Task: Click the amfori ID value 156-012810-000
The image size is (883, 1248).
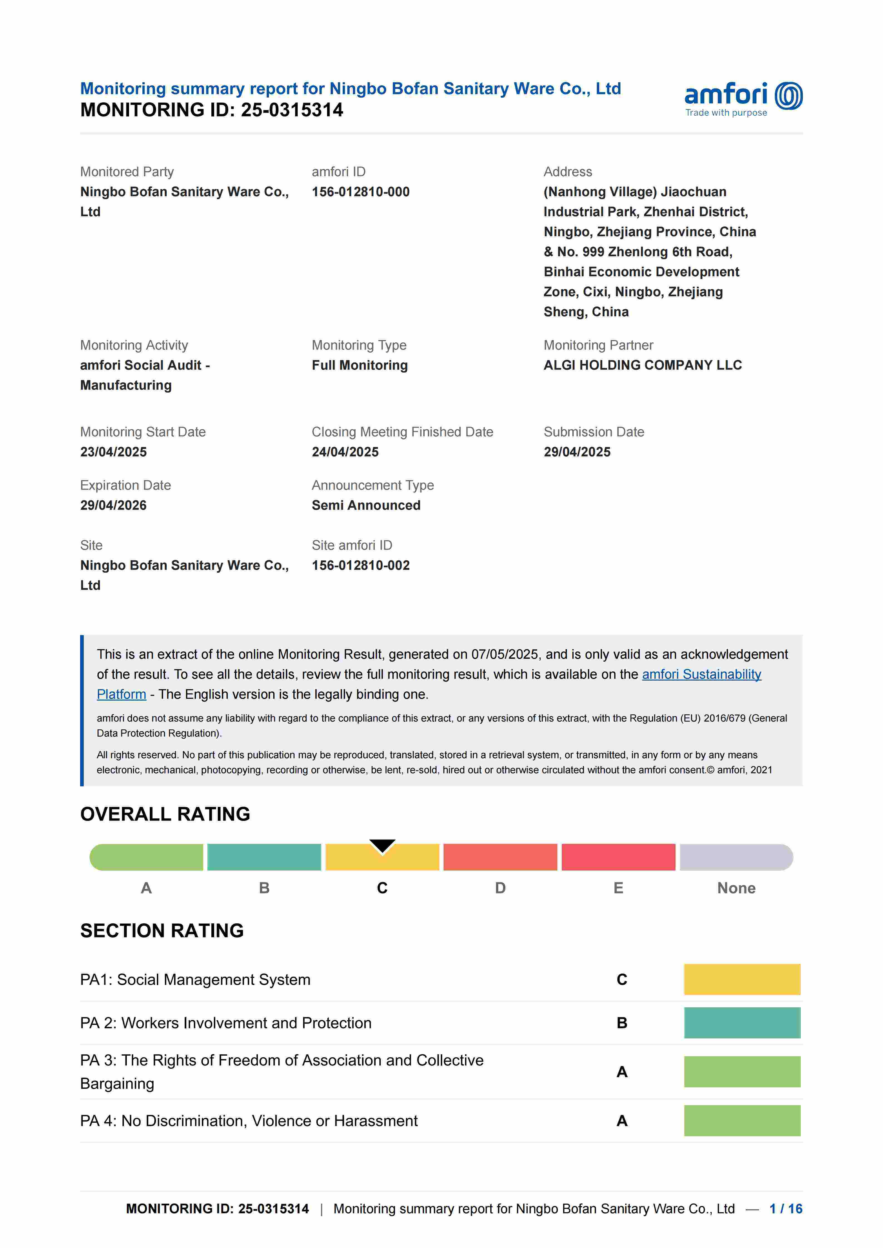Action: pyautogui.click(x=360, y=192)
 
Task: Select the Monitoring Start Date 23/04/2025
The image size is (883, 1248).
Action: pyautogui.click(x=114, y=452)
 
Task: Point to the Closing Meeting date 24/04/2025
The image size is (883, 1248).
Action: pyautogui.click(x=345, y=452)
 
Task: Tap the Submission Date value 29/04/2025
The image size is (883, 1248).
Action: pyautogui.click(x=577, y=452)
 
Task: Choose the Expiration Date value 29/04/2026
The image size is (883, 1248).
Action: pyautogui.click(x=114, y=505)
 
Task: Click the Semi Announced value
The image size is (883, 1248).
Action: pyautogui.click(x=366, y=505)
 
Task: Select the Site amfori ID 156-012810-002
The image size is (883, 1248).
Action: pyautogui.click(x=360, y=565)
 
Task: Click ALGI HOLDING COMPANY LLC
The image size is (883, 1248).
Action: pyautogui.click(x=643, y=365)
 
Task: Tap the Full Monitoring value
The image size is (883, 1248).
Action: pyautogui.click(x=359, y=365)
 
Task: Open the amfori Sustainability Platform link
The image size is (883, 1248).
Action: pyautogui.click(x=701, y=675)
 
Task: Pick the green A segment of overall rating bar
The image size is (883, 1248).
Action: pyautogui.click(x=146, y=857)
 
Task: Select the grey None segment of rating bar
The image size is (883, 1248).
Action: pyautogui.click(x=736, y=857)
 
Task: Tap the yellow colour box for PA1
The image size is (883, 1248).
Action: pyautogui.click(x=742, y=979)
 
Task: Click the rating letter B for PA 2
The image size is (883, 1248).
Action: pyautogui.click(x=622, y=1023)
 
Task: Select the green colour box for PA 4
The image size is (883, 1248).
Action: pyautogui.click(x=742, y=1121)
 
